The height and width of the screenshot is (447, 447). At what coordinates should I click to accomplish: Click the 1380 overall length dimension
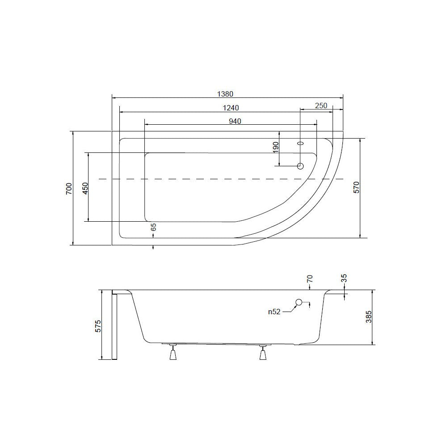(225, 94)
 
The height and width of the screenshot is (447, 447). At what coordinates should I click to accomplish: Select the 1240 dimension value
(231, 108)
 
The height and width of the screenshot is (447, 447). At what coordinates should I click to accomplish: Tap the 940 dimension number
(235, 121)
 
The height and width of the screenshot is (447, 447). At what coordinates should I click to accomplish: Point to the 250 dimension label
(321, 105)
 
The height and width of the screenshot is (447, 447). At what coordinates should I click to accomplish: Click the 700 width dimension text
(69, 189)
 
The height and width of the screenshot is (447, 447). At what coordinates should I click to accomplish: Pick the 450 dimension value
(85, 188)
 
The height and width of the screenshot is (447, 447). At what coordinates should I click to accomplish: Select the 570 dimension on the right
(357, 187)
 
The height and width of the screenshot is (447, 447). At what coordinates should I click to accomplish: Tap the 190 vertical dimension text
(275, 148)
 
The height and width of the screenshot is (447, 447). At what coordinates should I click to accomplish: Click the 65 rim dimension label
(153, 227)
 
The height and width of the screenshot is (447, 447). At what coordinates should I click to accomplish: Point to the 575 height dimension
(98, 326)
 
